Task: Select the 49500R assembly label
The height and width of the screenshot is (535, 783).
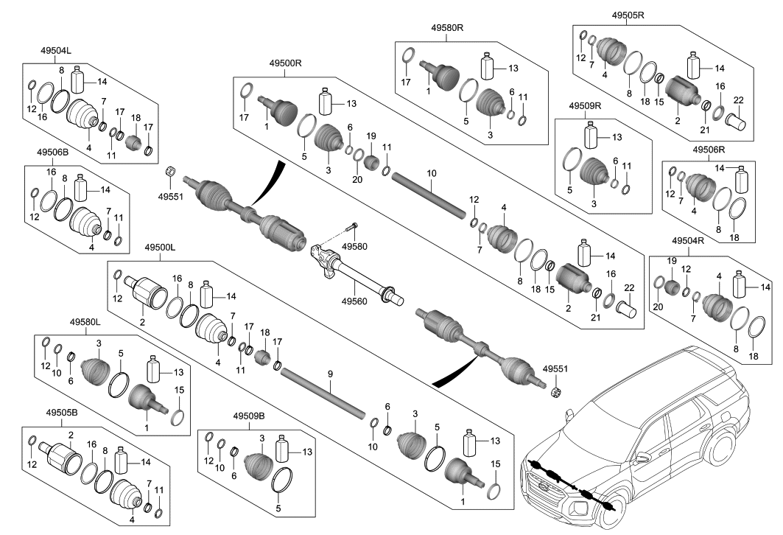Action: point(285,64)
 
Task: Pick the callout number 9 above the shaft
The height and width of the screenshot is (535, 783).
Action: point(331,374)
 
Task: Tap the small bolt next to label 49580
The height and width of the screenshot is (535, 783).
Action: point(354,226)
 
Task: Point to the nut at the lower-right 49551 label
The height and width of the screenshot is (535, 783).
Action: point(557,391)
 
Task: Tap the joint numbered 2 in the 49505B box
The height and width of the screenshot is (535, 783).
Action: point(62,455)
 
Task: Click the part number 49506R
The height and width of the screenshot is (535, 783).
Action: point(708,149)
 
